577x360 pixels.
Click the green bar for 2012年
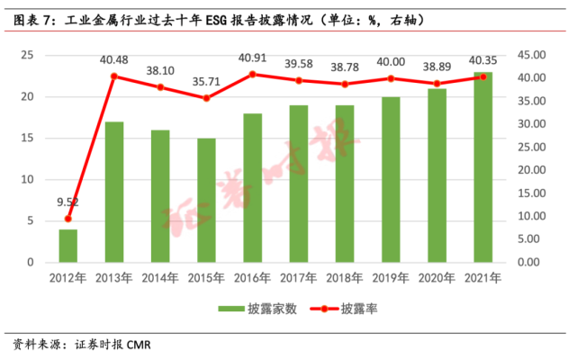click(x=68, y=246)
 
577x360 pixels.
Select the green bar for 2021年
click(x=483, y=167)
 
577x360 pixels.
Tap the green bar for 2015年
click(x=206, y=200)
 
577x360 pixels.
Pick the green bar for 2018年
click(x=345, y=184)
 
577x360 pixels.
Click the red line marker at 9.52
click(x=68, y=219)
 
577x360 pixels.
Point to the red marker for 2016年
click(x=252, y=74)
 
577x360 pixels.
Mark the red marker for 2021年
click(x=483, y=76)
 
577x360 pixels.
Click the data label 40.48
click(x=114, y=60)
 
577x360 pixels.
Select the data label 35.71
click(x=206, y=82)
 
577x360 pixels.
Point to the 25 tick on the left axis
click(x=27, y=55)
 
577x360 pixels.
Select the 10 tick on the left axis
click(x=27, y=179)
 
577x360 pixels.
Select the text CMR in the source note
click(x=139, y=346)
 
